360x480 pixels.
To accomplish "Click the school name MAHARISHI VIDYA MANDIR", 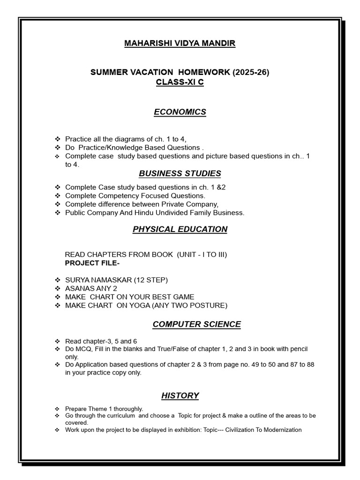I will pos(180,44).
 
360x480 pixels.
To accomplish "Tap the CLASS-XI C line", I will pos(180,82).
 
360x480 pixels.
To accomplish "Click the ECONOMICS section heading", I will pos(180,112).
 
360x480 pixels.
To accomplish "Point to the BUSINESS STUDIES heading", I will pos(180,173).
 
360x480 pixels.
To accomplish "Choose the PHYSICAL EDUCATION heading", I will pos(180,229).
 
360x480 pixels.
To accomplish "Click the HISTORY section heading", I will pos(180,396).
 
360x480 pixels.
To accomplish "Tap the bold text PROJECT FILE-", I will pos(87,262).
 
